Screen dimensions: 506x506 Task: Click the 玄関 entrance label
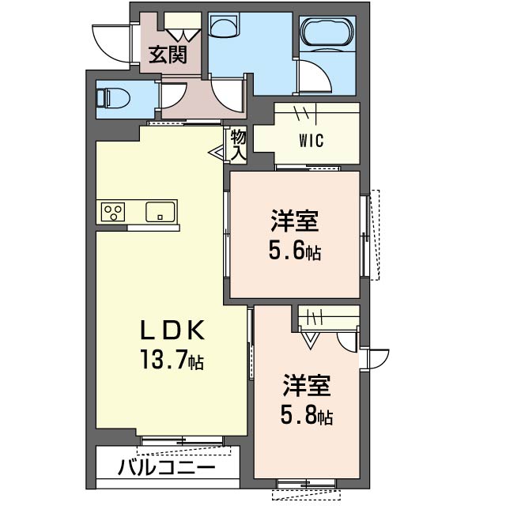click(168, 55)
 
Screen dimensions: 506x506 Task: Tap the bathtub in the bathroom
click(327, 32)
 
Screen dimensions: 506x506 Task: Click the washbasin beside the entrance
click(225, 25)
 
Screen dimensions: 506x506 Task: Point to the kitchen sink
click(160, 212)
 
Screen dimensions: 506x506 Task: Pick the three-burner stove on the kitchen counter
click(113, 212)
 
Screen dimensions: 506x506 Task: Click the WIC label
click(311, 141)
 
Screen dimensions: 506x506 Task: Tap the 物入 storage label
click(238, 145)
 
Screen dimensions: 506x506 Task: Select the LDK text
click(172, 330)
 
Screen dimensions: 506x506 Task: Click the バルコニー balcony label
click(166, 467)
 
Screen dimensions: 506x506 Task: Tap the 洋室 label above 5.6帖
click(295, 221)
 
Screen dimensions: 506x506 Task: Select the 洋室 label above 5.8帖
click(307, 386)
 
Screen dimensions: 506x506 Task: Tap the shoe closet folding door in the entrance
click(183, 35)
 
